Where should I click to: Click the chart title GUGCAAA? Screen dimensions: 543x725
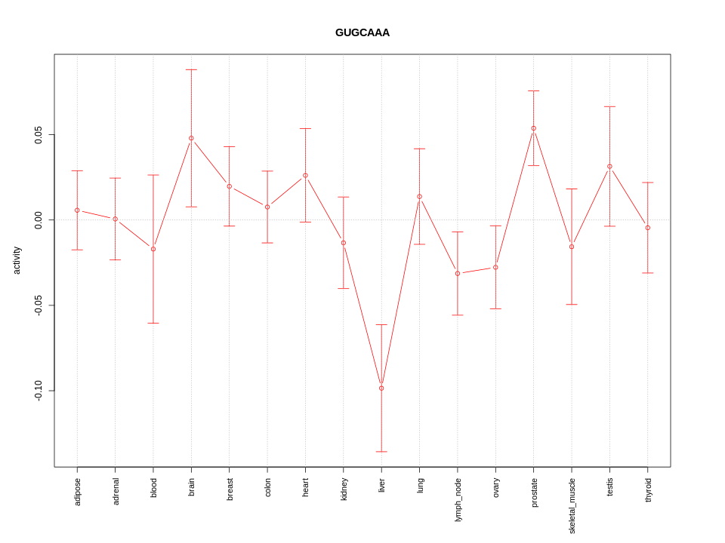(362, 32)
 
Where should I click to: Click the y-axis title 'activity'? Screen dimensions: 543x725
(17, 260)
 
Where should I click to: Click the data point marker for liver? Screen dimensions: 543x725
(381, 388)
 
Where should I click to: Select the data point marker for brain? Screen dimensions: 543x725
(191, 138)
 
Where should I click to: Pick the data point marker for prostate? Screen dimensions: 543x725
(534, 128)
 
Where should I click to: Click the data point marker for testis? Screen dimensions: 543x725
(609, 167)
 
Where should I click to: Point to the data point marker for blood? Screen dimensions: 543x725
(153, 249)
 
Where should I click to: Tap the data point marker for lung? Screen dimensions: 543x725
(420, 197)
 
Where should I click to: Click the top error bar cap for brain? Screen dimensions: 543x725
(191, 70)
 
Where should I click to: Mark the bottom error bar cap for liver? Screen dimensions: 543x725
(381, 452)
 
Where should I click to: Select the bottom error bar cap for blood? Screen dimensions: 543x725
(153, 323)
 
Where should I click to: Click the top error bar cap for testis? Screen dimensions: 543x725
(609, 106)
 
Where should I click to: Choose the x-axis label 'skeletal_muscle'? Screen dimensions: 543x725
(572, 505)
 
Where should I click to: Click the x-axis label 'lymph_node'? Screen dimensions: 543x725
(458, 499)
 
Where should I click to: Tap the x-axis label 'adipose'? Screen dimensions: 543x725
(77, 491)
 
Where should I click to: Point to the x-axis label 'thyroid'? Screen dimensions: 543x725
(648, 489)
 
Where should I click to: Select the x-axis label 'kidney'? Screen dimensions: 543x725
(344, 489)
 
